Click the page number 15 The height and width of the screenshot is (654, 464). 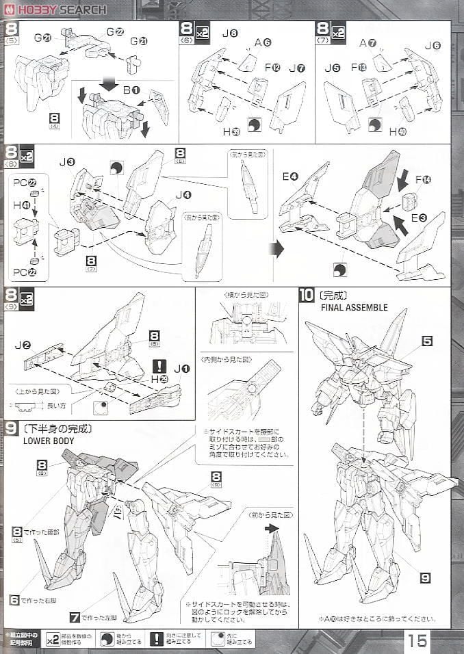click(x=418, y=640)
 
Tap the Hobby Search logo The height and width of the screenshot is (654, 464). click(x=55, y=10)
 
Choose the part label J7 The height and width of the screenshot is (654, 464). click(x=296, y=68)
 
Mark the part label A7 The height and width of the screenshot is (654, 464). click(x=368, y=43)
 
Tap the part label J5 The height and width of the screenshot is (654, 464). click(x=333, y=68)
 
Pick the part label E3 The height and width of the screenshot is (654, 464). click(x=418, y=218)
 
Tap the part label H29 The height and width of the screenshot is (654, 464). click(x=159, y=379)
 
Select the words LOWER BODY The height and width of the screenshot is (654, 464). click(x=49, y=441)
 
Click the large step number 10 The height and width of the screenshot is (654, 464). click(x=307, y=296)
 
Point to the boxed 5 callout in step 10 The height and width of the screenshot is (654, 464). click(x=427, y=340)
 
